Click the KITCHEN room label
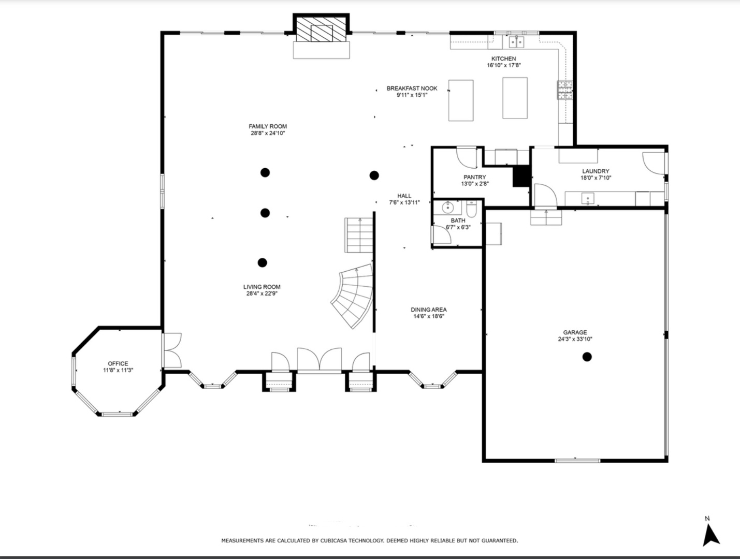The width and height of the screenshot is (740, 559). [503, 58]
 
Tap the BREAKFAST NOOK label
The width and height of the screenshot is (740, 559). [412, 89]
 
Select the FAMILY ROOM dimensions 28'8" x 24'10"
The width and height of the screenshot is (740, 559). [268, 133]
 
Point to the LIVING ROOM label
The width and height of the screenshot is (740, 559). [262, 287]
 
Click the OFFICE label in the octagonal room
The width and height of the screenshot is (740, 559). [118, 363]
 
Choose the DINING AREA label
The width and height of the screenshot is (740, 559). [428, 310]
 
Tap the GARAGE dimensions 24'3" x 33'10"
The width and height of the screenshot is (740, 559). [575, 339]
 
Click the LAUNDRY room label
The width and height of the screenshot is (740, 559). [596, 171]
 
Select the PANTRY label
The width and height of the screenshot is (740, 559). [475, 177]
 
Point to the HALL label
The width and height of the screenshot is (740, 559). [404, 196]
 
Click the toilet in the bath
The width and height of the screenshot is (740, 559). [471, 209]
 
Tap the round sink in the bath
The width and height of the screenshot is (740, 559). [447, 208]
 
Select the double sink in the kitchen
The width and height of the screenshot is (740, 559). [516, 42]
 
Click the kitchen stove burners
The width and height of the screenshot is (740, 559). [564, 90]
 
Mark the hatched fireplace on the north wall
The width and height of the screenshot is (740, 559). [321, 28]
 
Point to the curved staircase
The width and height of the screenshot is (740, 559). [352, 296]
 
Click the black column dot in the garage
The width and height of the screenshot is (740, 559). [587, 357]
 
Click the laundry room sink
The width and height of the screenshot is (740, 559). [588, 199]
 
